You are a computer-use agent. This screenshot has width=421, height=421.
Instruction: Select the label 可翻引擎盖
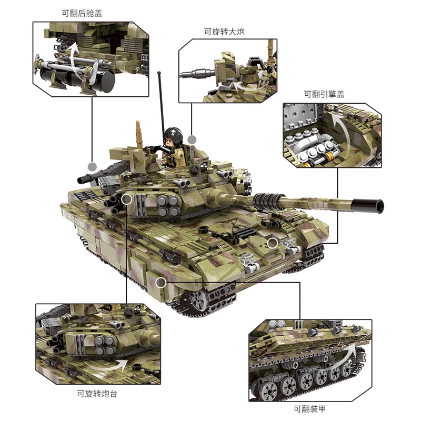[324, 94]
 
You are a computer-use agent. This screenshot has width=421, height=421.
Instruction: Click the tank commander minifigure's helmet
[172, 134]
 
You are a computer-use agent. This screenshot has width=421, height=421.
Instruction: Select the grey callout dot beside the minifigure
[192, 139]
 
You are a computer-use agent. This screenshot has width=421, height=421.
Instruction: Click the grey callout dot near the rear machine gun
[93, 167]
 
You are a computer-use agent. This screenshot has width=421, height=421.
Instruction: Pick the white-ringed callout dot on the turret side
[126, 199]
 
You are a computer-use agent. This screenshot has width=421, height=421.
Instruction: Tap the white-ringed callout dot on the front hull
[272, 242]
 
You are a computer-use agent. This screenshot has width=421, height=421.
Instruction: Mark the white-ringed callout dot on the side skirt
[161, 283]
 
